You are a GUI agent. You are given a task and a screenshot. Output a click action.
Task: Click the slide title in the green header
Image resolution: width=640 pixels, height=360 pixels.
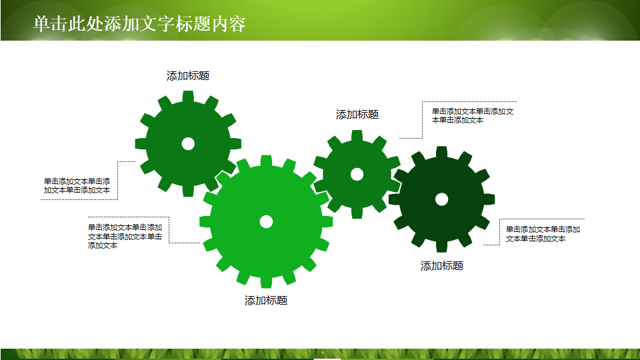139,24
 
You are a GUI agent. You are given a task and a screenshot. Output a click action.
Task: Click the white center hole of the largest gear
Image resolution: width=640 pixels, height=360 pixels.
266,221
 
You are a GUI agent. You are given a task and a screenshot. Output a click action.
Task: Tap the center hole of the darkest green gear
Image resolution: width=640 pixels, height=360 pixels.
441,199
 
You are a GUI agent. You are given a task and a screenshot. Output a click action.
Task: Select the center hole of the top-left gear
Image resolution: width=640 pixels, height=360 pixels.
188,143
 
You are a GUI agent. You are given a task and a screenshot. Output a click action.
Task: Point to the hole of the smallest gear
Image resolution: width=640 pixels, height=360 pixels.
357,174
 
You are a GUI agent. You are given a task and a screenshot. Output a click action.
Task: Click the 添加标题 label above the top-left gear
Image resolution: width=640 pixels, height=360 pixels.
188,76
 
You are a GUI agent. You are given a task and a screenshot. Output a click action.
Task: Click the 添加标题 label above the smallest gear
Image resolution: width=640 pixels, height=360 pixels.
357,115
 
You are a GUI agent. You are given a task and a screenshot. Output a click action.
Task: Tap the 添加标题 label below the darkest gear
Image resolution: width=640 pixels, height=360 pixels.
442,266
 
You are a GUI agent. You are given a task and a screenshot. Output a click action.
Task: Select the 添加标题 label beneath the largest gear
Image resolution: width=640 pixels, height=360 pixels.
266,301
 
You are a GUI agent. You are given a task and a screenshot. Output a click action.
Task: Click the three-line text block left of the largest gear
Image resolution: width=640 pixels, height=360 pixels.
125,236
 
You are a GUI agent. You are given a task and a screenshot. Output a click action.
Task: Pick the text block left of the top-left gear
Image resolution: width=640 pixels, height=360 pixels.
77,185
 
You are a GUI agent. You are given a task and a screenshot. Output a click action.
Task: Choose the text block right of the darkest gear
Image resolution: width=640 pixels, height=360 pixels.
543,234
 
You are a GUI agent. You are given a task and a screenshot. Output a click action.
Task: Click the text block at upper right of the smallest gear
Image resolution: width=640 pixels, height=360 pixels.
473,115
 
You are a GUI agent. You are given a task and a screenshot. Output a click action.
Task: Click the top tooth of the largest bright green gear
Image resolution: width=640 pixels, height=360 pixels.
266,161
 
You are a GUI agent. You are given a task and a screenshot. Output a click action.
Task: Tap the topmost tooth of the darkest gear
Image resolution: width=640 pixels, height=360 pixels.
441,152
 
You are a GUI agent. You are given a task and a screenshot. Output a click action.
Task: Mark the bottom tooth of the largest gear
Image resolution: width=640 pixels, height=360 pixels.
266,282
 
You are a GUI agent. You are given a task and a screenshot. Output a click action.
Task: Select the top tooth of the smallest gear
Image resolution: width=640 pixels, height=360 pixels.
357,135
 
